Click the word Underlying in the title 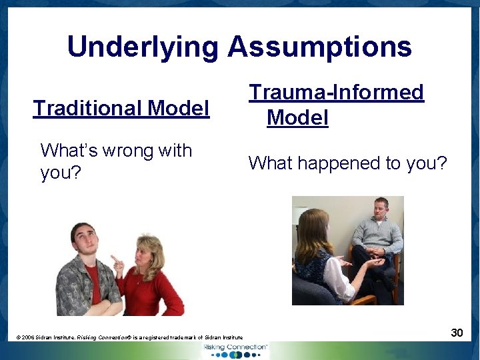click(x=143, y=47)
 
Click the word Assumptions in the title click(x=319, y=47)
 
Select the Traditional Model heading click(x=121, y=108)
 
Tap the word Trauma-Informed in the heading click(x=336, y=92)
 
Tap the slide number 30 click(x=457, y=332)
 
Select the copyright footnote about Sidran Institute click(x=129, y=338)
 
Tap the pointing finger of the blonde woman click(x=115, y=259)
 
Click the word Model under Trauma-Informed click(x=297, y=118)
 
